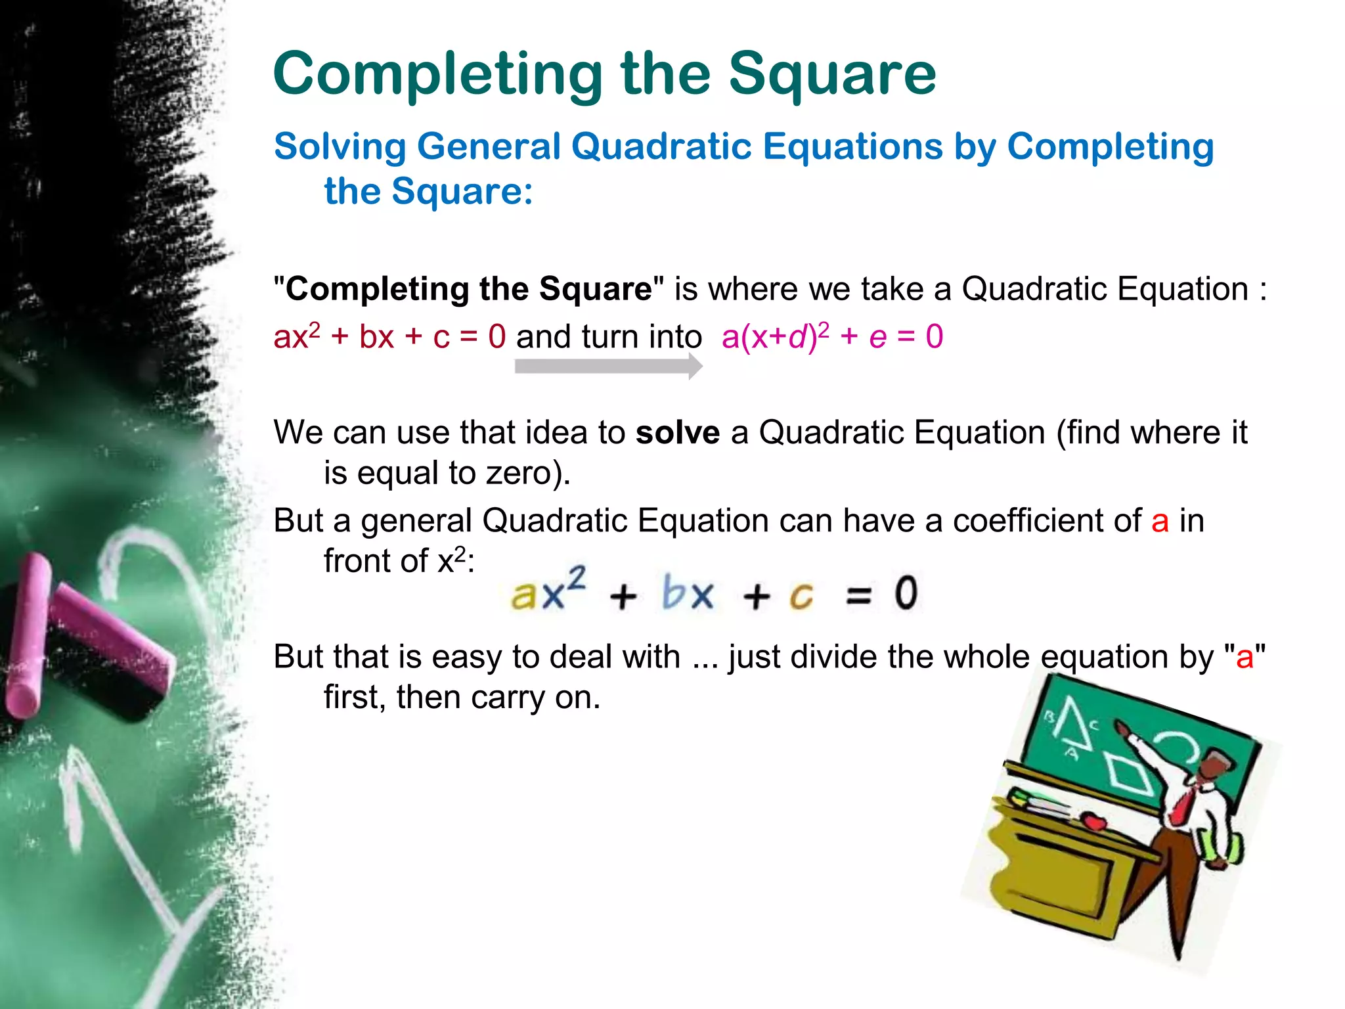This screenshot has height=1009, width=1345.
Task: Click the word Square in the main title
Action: [832, 76]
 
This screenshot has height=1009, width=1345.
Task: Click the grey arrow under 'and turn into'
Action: [608, 366]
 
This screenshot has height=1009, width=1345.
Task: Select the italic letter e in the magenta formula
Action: [878, 337]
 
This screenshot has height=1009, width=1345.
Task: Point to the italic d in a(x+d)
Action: [797, 337]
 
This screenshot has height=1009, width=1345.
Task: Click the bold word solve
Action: [677, 433]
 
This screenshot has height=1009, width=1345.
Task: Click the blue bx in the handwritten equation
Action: [687, 593]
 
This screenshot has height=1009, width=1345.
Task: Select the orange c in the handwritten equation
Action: [801, 596]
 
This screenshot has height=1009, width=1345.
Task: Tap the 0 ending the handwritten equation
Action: [906, 593]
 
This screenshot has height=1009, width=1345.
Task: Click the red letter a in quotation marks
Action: [1245, 657]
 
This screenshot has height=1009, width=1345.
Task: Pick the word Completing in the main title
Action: [438, 76]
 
